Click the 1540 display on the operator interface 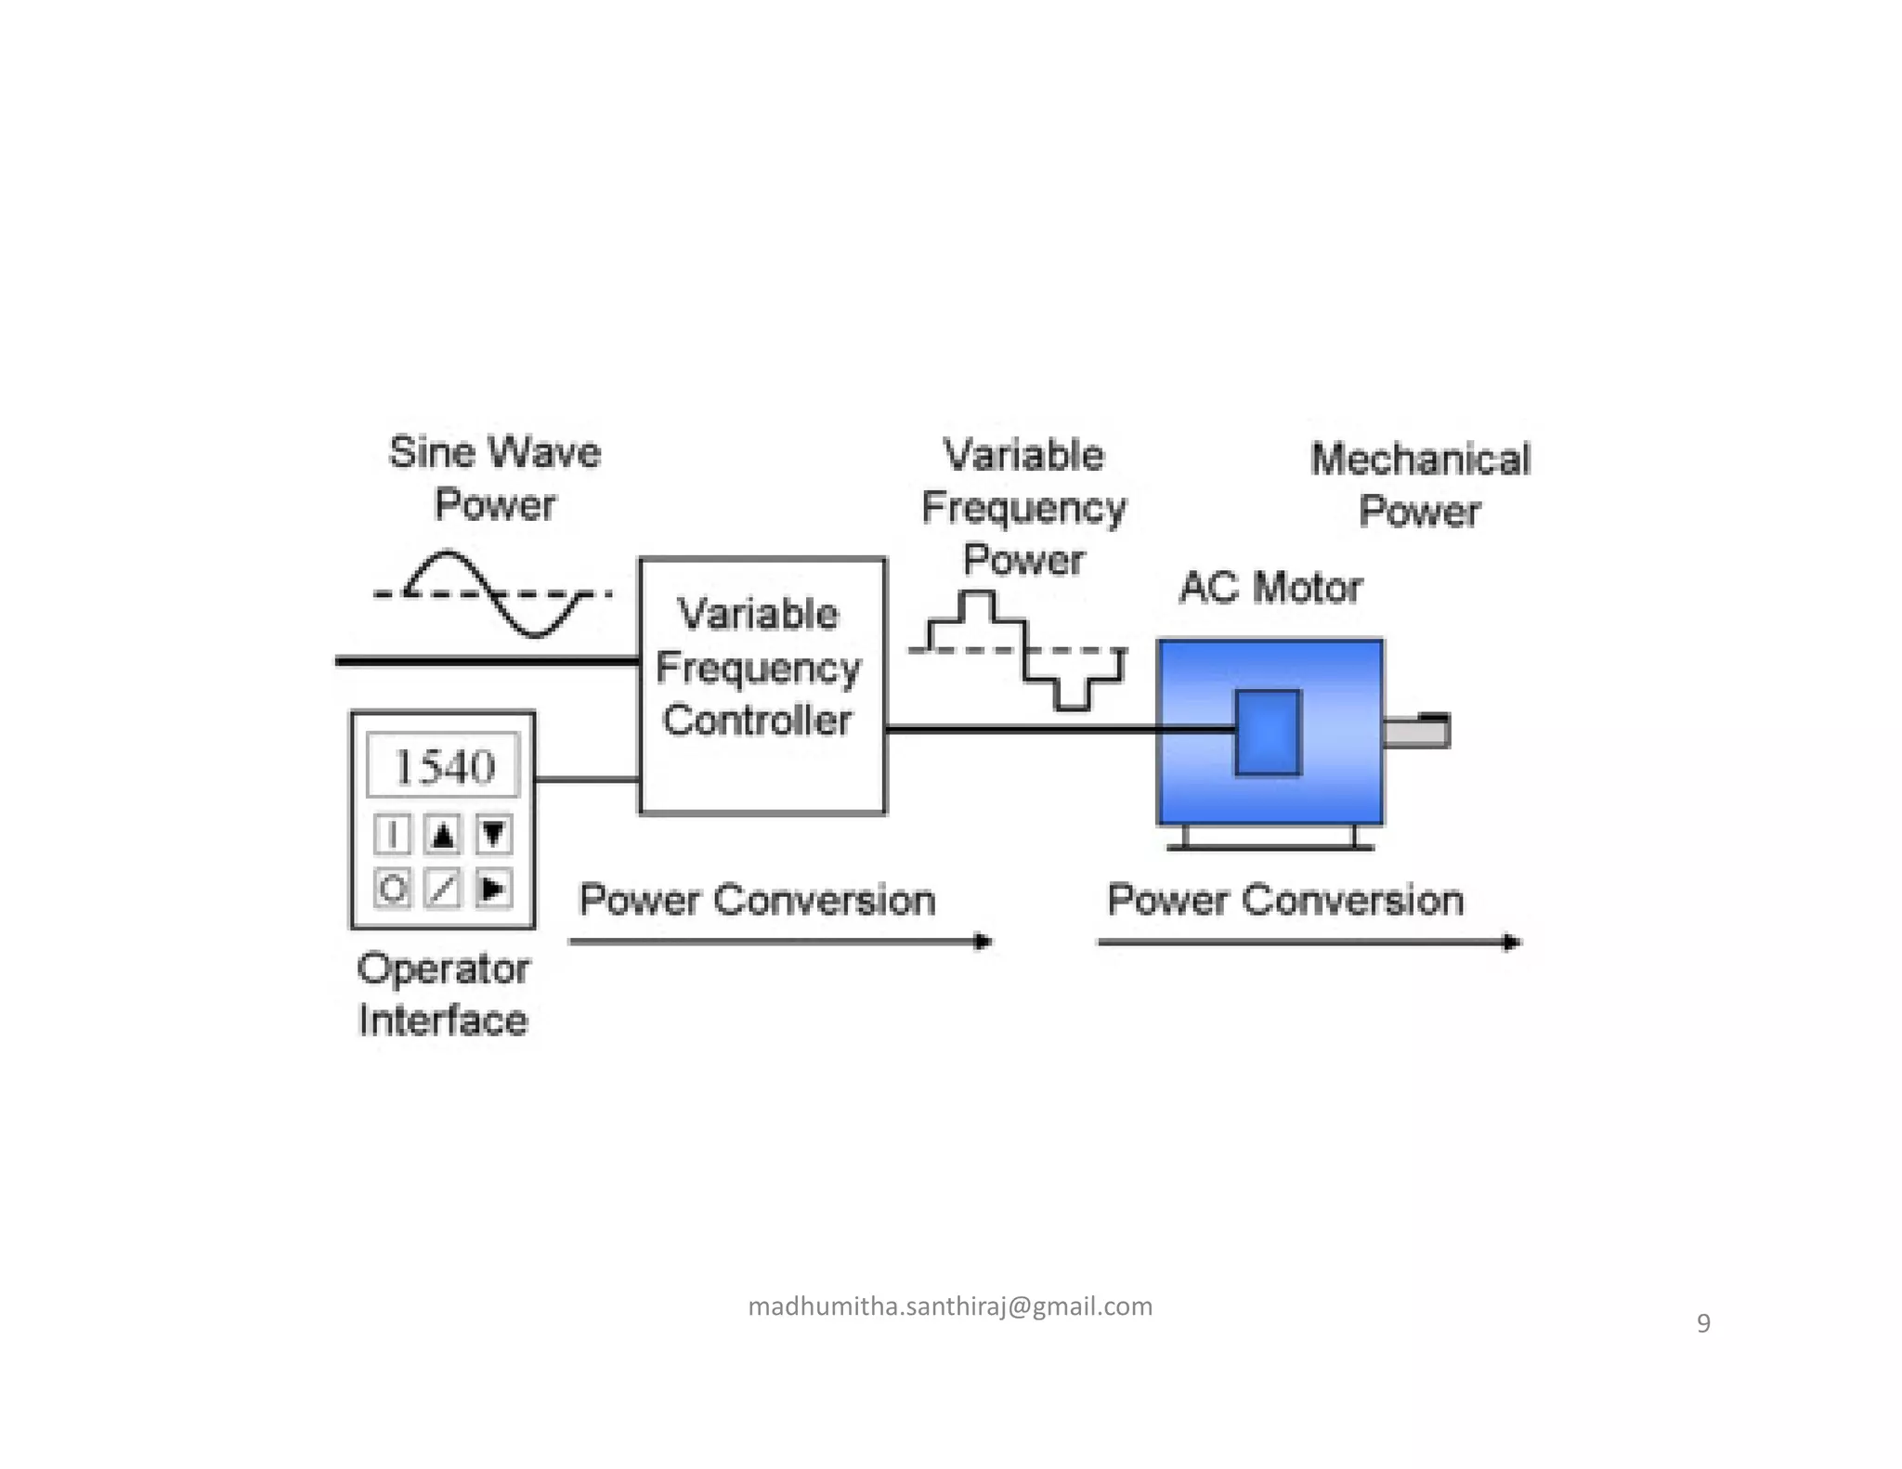[443, 767]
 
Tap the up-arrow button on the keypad [443, 835]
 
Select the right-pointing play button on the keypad [492, 889]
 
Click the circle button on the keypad [392, 889]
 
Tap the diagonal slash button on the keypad [443, 889]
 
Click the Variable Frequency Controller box [762, 685]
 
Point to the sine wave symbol [492, 594]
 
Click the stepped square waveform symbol [1022, 650]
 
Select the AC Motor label [1270, 588]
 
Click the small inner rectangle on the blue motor [1268, 732]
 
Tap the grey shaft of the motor [1415, 733]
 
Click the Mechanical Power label [1419, 485]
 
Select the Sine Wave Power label [495, 478]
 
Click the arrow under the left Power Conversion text [780, 942]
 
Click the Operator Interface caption [443, 994]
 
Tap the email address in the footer [950, 1306]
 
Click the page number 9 [1703, 1323]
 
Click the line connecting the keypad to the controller [587, 779]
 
